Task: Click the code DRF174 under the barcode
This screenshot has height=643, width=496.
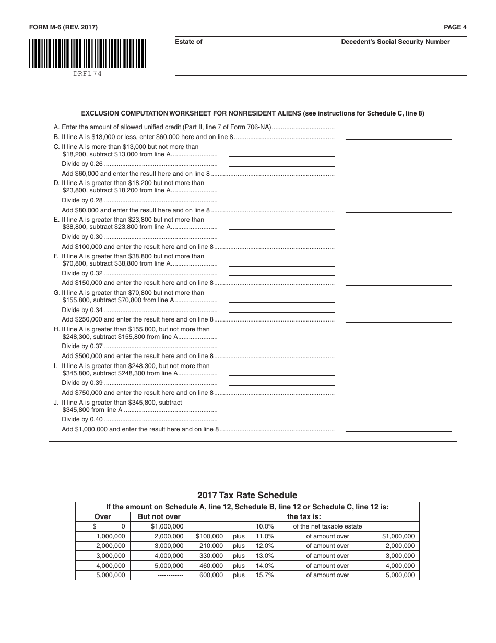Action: pos(87,74)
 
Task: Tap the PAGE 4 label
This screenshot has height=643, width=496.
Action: pos(455,27)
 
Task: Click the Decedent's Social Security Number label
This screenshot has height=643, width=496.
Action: pos(395,42)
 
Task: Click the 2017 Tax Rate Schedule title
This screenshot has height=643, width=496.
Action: pos(247,495)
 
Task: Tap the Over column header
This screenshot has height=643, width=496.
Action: pos(103,516)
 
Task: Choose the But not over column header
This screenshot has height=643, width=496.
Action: pos(159,516)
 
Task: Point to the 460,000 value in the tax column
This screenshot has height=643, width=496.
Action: pos(211,566)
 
